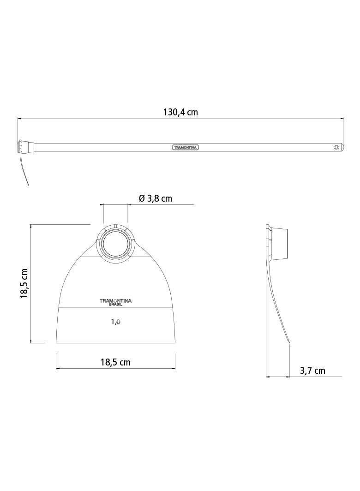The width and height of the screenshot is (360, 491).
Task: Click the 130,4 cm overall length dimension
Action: [x=180, y=112]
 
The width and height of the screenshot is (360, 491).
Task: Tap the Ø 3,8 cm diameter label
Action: [x=156, y=198]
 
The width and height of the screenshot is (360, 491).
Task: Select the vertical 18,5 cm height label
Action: [x=24, y=283]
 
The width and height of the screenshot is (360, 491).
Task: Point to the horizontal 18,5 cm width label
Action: [x=115, y=362]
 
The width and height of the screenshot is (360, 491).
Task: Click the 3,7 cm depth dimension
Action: [x=312, y=371]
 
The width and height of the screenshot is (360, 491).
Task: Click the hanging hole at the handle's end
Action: [x=336, y=147]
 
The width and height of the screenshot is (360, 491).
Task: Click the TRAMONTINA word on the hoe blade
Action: [x=115, y=300]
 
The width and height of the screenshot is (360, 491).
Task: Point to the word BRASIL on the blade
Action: [x=115, y=305]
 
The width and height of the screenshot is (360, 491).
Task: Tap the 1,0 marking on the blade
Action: [x=115, y=322]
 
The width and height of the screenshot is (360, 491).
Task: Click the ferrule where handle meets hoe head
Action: [x=27, y=147]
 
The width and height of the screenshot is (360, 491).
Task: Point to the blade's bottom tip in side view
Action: [x=289, y=342]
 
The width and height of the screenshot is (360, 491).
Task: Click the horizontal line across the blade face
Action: [x=115, y=308]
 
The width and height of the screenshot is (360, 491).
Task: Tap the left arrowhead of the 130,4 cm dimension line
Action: [x=19, y=119]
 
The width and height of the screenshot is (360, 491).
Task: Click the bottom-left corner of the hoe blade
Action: [x=57, y=342]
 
